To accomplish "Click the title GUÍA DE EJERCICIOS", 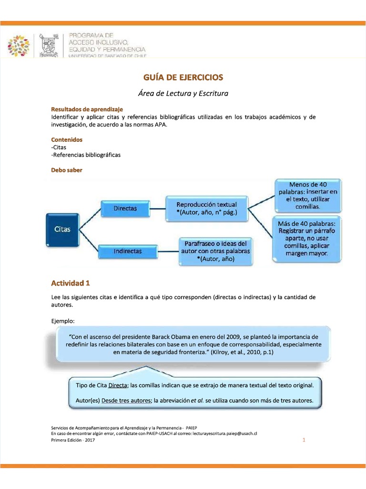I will [183, 77].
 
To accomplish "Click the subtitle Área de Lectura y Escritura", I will [183, 93].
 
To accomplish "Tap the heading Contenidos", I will [67, 139].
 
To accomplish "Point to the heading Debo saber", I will [67, 170].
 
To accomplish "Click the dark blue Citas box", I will [62, 229].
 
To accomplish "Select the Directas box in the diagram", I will [125, 208].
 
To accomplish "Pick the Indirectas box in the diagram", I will [128, 251].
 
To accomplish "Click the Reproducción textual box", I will [207, 208].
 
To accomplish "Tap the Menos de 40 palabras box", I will [308, 196].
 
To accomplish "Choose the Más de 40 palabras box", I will [307, 238].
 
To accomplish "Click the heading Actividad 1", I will [71, 283].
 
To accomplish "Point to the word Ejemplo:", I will [63, 320].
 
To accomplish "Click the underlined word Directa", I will [118, 385].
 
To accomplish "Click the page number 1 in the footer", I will [304, 440].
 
